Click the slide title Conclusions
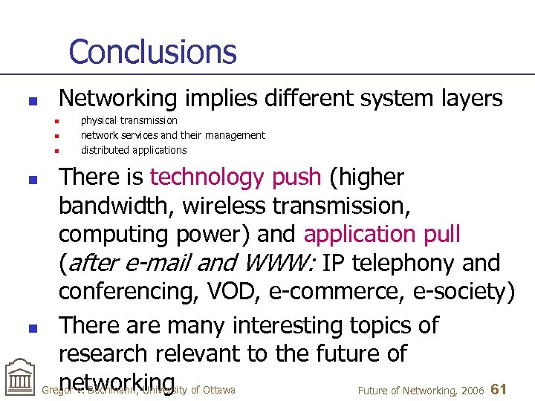pos(152,52)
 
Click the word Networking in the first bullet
pos(117,98)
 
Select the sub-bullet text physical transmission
pos(129,120)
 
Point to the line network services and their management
pos(172,135)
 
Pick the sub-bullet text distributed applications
pos(134,150)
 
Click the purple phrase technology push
pos(236,177)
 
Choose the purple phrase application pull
pos(382,235)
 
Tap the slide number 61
pos(499,389)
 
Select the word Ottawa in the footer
pos(218,390)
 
